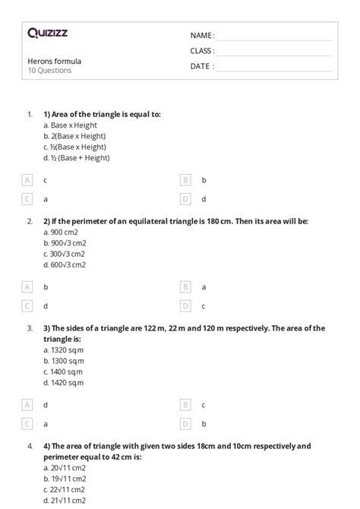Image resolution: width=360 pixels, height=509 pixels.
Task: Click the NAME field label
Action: (x=201, y=36)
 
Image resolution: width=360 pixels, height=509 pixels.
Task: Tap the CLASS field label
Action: (x=202, y=51)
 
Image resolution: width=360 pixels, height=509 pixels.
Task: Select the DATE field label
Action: (x=201, y=66)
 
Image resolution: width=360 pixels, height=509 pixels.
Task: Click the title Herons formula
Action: (x=54, y=61)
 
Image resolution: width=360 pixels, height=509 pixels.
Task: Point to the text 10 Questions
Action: (x=49, y=71)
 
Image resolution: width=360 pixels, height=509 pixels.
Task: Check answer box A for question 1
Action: (x=28, y=180)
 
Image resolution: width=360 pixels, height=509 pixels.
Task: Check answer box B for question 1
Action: (x=185, y=180)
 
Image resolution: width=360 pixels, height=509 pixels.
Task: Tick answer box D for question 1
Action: (x=185, y=198)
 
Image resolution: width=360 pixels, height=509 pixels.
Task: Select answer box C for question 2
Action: (x=28, y=305)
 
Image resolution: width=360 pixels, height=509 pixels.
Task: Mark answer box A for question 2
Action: (x=28, y=287)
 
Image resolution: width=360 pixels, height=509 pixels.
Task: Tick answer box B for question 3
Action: (x=185, y=406)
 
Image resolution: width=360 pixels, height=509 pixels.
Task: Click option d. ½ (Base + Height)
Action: (x=77, y=158)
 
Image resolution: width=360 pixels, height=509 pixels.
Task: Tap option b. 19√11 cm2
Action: (x=65, y=479)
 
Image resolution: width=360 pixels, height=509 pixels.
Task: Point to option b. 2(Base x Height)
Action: (x=75, y=135)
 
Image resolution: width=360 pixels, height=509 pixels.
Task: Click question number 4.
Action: (x=30, y=446)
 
